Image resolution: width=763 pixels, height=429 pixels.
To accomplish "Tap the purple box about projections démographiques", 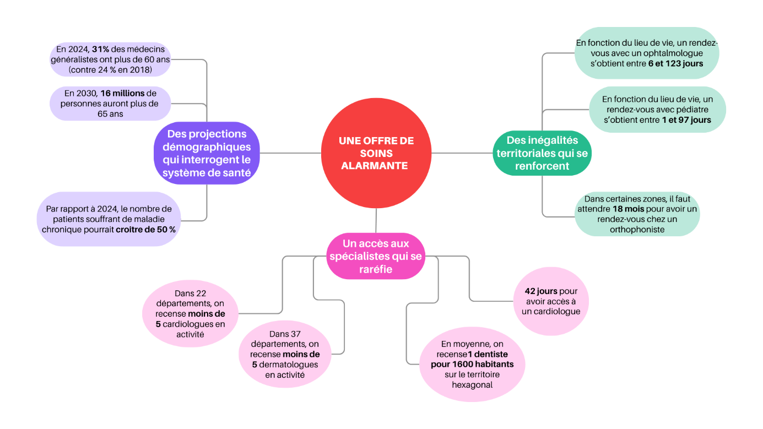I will click(206, 153).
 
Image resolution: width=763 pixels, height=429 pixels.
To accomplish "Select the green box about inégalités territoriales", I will click(542, 153).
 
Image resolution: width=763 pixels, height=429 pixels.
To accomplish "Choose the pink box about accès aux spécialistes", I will click(376, 256).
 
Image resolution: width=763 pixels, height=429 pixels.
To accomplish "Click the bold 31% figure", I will click(100, 50).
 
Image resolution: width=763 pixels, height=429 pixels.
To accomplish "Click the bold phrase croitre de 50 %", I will click(145, 229).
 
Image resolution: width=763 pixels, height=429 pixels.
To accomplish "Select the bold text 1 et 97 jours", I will click(686, 120).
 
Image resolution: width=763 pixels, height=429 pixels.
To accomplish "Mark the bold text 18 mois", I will click(628, 209).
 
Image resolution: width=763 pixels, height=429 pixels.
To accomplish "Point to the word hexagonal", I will click(472, 384).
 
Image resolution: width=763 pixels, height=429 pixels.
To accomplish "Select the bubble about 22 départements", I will click(190, 314).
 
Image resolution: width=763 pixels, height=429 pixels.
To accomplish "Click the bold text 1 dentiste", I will click(488, 354).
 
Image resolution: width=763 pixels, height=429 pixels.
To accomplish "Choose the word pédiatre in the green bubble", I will click(696, 109).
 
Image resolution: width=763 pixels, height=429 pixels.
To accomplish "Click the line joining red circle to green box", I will click(462, 153).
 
